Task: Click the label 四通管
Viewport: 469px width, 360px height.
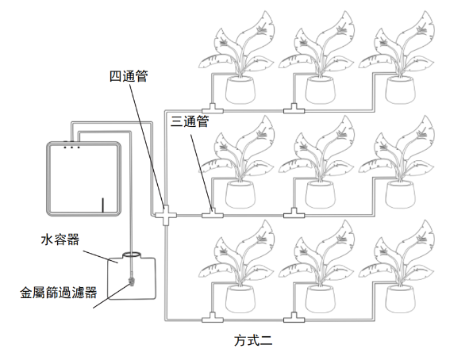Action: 129,76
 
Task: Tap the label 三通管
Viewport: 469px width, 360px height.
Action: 190,121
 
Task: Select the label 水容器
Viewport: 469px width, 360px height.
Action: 60,239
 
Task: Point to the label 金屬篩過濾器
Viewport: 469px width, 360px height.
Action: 59,293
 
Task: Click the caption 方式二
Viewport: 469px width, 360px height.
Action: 253,340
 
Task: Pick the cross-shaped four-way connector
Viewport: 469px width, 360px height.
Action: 166,215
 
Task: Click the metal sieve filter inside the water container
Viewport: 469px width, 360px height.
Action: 131,281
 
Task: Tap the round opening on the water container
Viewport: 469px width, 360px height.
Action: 131,255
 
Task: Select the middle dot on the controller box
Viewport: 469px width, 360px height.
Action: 71,147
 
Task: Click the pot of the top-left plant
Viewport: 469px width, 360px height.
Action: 240,90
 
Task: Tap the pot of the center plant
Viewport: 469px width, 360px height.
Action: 321,194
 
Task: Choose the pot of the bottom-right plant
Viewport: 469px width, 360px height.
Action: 400,299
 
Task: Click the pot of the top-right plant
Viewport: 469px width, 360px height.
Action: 400,90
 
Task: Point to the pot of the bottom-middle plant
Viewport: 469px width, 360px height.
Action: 321,299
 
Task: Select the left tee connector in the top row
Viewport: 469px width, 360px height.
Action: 213,109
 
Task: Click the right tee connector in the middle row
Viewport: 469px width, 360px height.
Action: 294,213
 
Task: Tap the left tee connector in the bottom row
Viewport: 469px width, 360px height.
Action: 213,318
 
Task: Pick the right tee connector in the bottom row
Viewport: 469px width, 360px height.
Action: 294,318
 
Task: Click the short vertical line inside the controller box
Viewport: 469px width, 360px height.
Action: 103,205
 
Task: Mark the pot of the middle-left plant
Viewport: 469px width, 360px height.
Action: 240,194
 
